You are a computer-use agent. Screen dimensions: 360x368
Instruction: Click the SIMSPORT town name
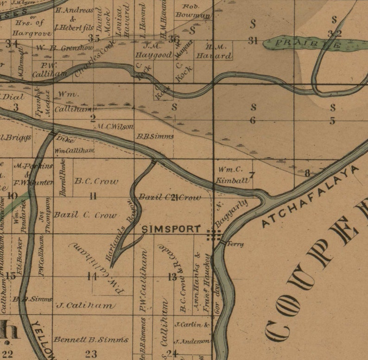171,229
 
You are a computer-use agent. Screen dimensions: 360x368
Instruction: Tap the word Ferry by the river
235,244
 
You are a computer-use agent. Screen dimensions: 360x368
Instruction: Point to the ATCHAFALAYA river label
311,197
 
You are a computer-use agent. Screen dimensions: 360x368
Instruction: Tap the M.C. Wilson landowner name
115,126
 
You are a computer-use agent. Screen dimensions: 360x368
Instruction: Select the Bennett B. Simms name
91,340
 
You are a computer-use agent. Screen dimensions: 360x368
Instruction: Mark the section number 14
92,277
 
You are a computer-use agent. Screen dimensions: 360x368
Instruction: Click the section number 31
253,41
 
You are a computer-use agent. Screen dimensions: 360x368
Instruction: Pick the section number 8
307,174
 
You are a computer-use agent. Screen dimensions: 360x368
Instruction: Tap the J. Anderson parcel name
192,341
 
